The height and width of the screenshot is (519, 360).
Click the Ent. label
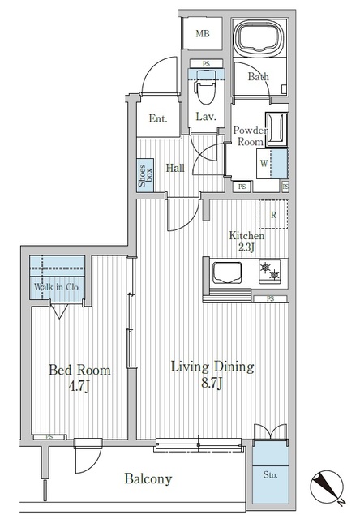coord(158,118)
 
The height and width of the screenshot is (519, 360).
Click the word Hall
coord(175,168)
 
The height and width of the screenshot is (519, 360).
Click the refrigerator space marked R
coord(273,214)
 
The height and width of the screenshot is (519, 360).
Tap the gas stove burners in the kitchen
coord(269,271)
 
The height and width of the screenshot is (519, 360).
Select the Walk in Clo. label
coord(56,287)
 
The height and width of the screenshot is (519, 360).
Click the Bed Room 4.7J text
coord(79,377)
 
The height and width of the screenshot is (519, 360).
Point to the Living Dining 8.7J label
coord(212,374)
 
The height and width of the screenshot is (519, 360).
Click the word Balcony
coord(148,479)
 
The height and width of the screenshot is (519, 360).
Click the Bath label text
coord(258,77)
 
